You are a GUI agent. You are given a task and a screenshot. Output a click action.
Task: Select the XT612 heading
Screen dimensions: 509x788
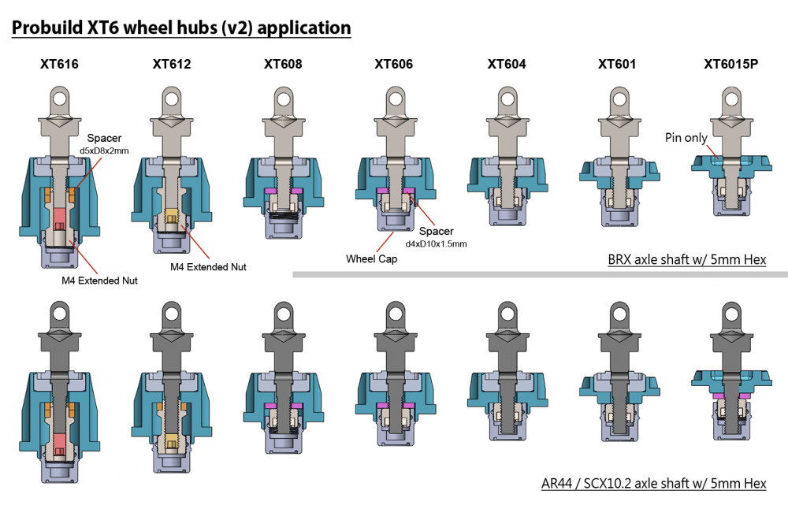(172, 65)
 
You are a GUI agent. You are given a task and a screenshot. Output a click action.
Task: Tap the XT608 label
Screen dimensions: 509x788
(283, 65)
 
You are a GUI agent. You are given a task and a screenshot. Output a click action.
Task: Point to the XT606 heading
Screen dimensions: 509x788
(394, 65)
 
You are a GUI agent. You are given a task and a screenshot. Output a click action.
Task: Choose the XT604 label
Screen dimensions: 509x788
(507, 65)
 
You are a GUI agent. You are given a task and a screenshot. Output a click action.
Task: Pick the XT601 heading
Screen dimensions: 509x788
(617, 65)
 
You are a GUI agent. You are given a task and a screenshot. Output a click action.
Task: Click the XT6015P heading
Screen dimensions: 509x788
(730, 65)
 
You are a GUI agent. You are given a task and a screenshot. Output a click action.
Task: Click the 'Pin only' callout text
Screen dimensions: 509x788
(685, 138)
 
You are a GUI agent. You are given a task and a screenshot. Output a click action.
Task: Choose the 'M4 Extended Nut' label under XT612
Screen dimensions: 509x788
(208, 267)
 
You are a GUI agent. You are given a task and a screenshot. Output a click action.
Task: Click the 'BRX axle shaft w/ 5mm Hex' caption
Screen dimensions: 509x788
(686, 260)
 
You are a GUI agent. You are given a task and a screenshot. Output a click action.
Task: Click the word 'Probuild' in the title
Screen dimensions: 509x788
(49, 28)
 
